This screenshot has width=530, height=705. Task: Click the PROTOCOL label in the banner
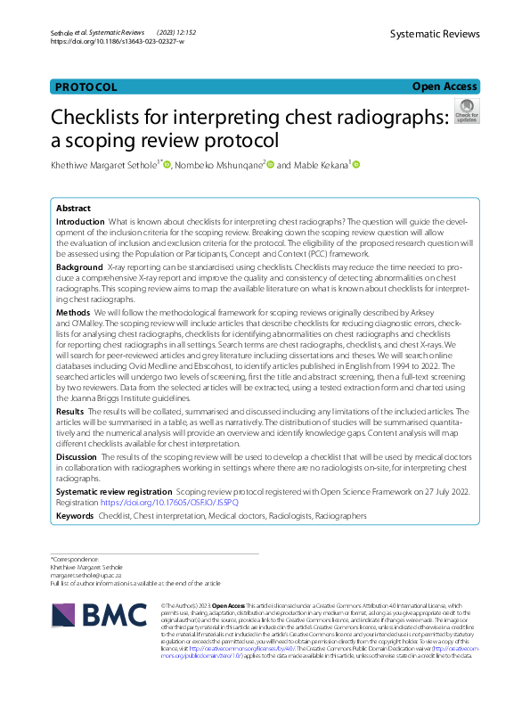86,87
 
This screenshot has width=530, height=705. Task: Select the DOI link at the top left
117,42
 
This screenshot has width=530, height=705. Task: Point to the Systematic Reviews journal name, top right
435,34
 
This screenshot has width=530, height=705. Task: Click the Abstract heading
73,207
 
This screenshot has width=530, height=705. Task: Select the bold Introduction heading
80,220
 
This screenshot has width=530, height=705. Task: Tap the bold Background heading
79,266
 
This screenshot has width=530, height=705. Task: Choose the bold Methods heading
73,314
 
